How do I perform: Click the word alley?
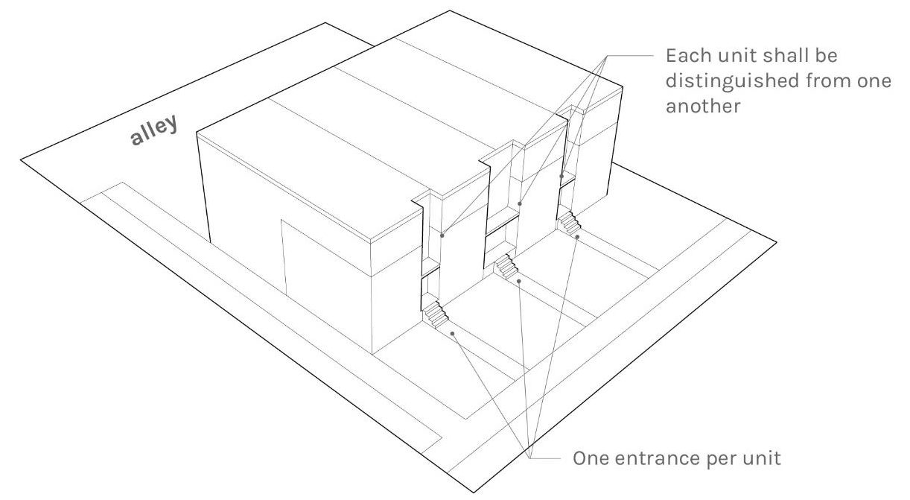tap(154, 130)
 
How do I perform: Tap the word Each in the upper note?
tap(688, 56)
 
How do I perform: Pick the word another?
tap(703, 106)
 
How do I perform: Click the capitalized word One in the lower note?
tap(591, 458)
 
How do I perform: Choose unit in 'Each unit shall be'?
tap(734, 56)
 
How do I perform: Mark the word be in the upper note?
tap(824, 56)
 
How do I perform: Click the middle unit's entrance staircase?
tap(506, 266)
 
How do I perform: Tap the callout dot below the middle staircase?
tap(519, 281)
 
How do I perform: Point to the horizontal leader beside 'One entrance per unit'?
tap(545, 458)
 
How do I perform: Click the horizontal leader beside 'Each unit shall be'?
tap(630, 56)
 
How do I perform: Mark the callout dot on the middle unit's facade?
tap(520, 203)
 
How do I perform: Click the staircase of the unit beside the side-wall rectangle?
tap(435, 314)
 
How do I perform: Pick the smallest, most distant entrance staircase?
tap(569, 223)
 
